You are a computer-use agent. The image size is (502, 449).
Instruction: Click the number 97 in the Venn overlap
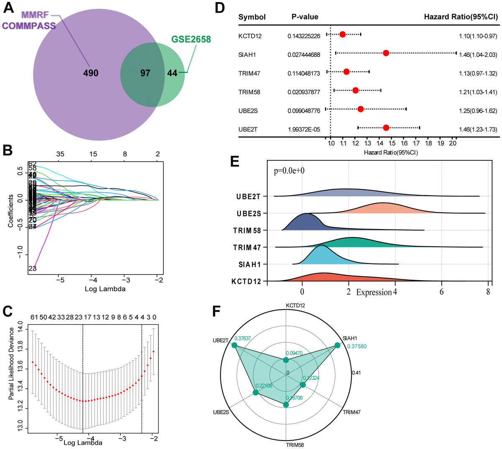pos(145,73)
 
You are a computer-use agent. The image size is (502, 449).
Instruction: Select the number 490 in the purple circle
pos(91,73)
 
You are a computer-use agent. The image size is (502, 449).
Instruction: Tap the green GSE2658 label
pos(191,39)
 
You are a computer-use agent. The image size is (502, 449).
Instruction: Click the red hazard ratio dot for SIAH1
pos(386,53)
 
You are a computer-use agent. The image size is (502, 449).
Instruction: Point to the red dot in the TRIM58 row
pos(356,90)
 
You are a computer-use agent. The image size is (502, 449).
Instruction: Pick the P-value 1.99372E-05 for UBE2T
pos(304,129)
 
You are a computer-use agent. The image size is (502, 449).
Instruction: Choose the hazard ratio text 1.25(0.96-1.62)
pos(478,111)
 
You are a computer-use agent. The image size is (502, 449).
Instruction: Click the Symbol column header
pos(252,17)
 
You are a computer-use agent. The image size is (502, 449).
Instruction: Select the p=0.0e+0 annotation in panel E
pos(289,171)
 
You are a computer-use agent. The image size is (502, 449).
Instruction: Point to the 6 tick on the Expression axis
pos(442,292)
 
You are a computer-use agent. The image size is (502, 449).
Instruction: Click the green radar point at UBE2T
pos(234,345)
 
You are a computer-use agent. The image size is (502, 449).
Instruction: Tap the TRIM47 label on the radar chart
pos(351,413)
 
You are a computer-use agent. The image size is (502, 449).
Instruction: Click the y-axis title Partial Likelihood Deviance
pos(12,363)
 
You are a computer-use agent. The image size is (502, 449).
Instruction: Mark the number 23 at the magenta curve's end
pos(33,268)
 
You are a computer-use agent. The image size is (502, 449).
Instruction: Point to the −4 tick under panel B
pos(93,280)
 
